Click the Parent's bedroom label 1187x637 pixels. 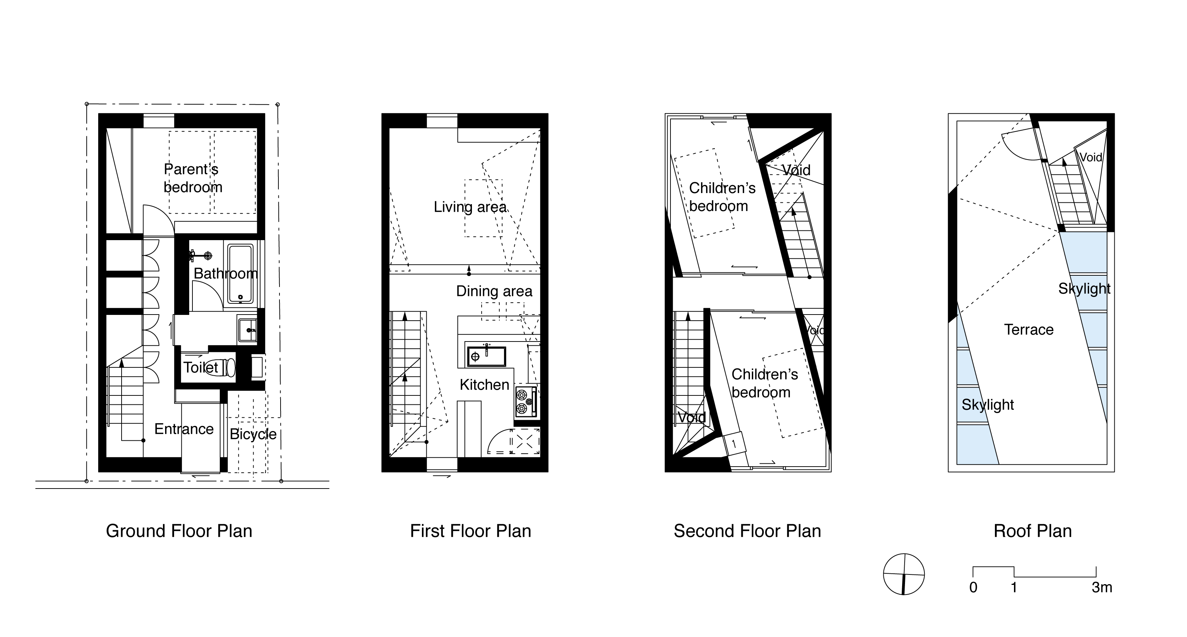(x=192, y=178)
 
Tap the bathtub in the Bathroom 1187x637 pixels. (x=240, y=273)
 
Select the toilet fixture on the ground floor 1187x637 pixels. (x=220, y=367)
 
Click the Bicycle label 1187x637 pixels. (x=253, y=434)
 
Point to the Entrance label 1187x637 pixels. (x=184, y=429)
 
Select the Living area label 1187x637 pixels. (x=470, y=207)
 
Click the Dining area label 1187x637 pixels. (x=494, y=291)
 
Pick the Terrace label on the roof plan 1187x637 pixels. (x=1028, y=330)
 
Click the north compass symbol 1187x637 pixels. (x=904, y=574)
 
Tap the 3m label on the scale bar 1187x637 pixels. (x=1102, y=587)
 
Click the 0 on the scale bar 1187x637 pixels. (x=973, y=587)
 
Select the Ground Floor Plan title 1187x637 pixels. (x=179, y=531)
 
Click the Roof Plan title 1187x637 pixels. (x=1032, y=531)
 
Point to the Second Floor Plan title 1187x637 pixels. (x=747, y=531)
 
